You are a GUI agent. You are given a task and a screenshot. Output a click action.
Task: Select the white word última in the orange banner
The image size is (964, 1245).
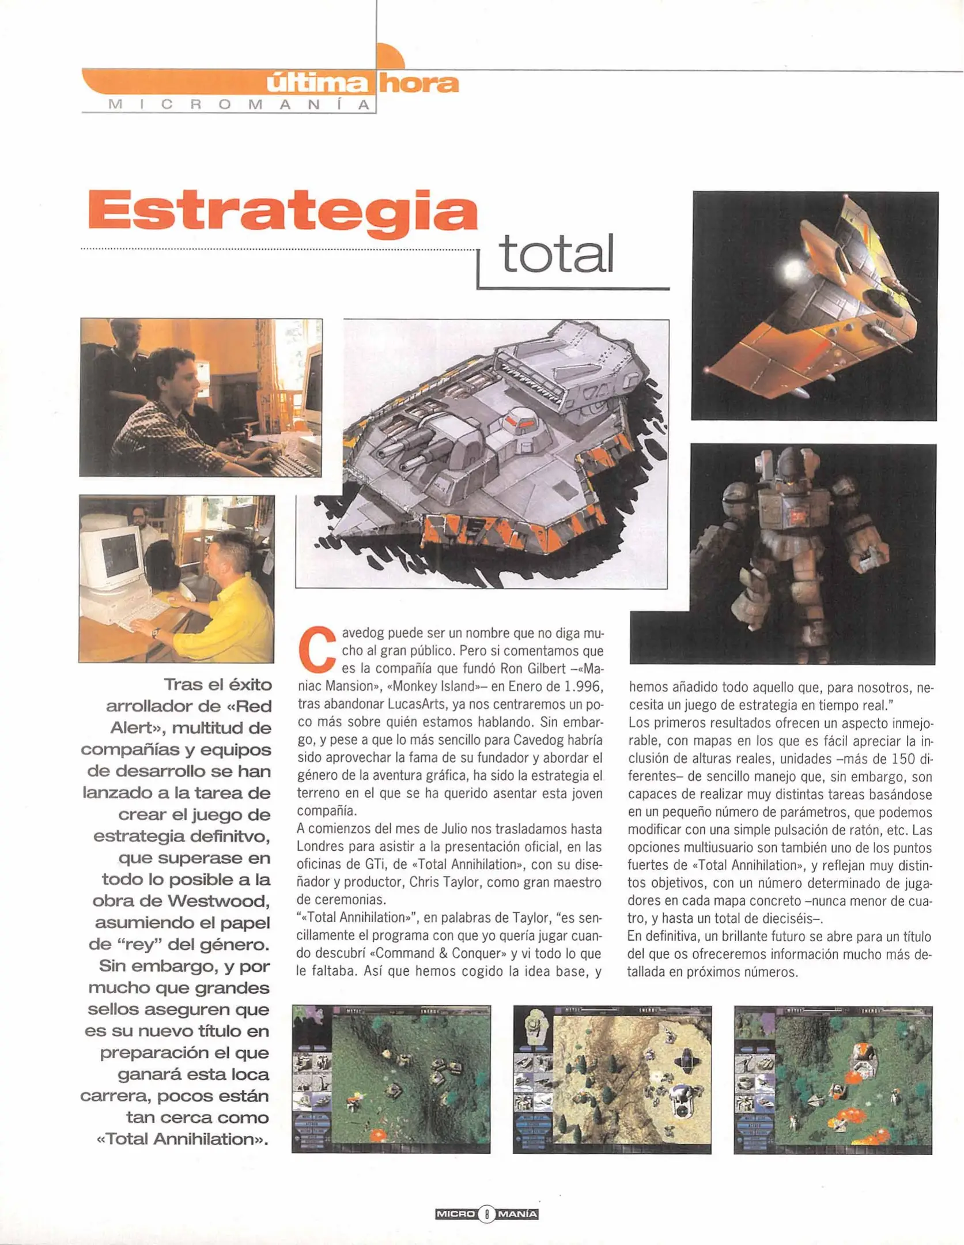pyautogui.click(x=317, y=85)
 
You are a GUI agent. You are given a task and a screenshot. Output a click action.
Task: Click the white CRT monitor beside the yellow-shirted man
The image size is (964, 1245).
pyautogui.click(x=112, y=556)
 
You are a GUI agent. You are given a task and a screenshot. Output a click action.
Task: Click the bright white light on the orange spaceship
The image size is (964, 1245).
pyautogui.click(x=792, y=268)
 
